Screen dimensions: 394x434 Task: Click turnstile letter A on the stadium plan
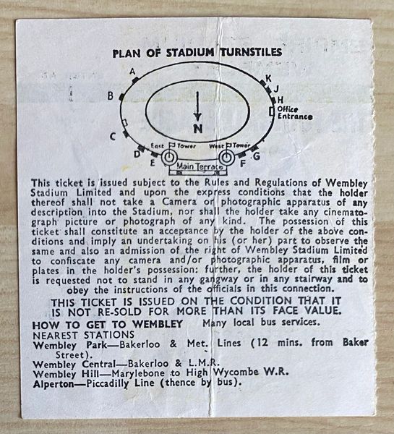coord(133,72)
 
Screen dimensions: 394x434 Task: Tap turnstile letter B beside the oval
coord(111,95)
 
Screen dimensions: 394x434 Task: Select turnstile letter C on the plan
coord(112,137)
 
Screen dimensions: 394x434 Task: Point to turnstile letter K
coord(268,78)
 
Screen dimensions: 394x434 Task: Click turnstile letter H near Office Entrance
coord(280,100)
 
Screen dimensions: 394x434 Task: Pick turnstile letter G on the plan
coord(257,156)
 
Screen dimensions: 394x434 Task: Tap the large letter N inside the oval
coord(198,129)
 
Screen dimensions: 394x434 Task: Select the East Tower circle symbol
coord(168,157)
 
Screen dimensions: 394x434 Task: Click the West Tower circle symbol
coord(226,158)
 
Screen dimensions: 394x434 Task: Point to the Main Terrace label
coord(200,166)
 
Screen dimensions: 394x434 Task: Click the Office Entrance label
coord(295,113)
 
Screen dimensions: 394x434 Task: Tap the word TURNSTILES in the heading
coord(251,52)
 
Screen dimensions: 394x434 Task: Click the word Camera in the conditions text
coord(179,202)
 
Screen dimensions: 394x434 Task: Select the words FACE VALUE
coord(306,310)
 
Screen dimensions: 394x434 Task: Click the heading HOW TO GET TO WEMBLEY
coord(107,324)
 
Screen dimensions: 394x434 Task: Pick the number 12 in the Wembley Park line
coord(262,342)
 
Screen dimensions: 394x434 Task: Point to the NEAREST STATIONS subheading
coord(83,335)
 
